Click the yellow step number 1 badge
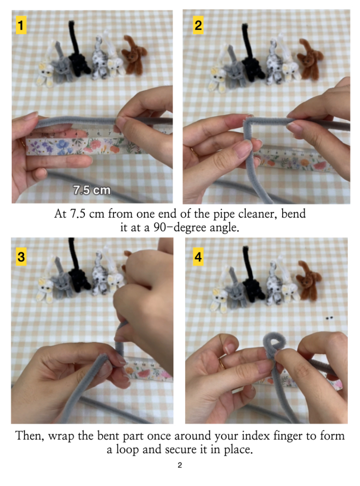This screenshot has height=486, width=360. (21, 25)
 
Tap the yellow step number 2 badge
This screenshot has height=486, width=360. (198, 25)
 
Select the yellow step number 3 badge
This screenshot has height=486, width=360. (21, 257)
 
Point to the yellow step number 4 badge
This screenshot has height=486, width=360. (198, 257)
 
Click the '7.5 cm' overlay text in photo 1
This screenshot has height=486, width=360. (92, 190)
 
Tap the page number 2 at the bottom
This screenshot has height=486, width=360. (180, 465)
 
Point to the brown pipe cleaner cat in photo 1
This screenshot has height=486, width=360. (133, 55)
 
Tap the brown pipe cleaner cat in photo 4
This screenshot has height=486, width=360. (308, 281)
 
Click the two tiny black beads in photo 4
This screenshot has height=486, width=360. (329, 318)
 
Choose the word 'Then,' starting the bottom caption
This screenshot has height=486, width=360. (30, 436)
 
